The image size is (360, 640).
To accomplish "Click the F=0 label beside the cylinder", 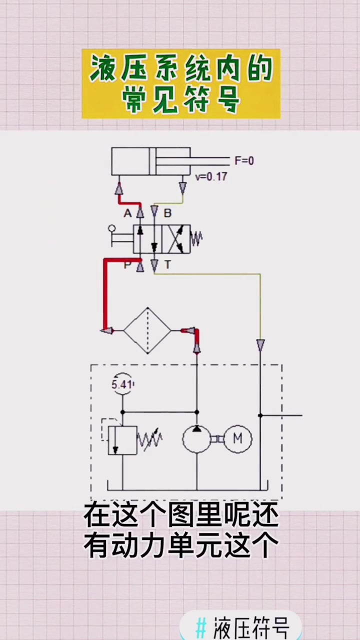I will coord(244,161).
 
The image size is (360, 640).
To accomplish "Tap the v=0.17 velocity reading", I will coord(211,176).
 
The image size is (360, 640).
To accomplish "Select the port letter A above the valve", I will coord(127,213).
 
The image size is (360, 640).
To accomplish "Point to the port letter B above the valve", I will coord(167,213).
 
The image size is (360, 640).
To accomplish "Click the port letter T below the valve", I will coord(167,265).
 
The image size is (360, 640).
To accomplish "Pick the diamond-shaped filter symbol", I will coord(147,330).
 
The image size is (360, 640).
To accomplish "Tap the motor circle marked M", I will coord(237,438).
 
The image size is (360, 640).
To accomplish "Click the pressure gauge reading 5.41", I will coord(122,384).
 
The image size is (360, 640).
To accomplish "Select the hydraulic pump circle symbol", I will coord(196,439).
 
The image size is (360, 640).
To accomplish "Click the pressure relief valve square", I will coord(122,440).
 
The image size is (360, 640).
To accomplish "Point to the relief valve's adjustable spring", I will coord(150,439).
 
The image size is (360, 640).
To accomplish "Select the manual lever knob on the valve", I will coord(111,229).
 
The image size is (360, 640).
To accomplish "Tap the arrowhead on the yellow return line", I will coord(260,344).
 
